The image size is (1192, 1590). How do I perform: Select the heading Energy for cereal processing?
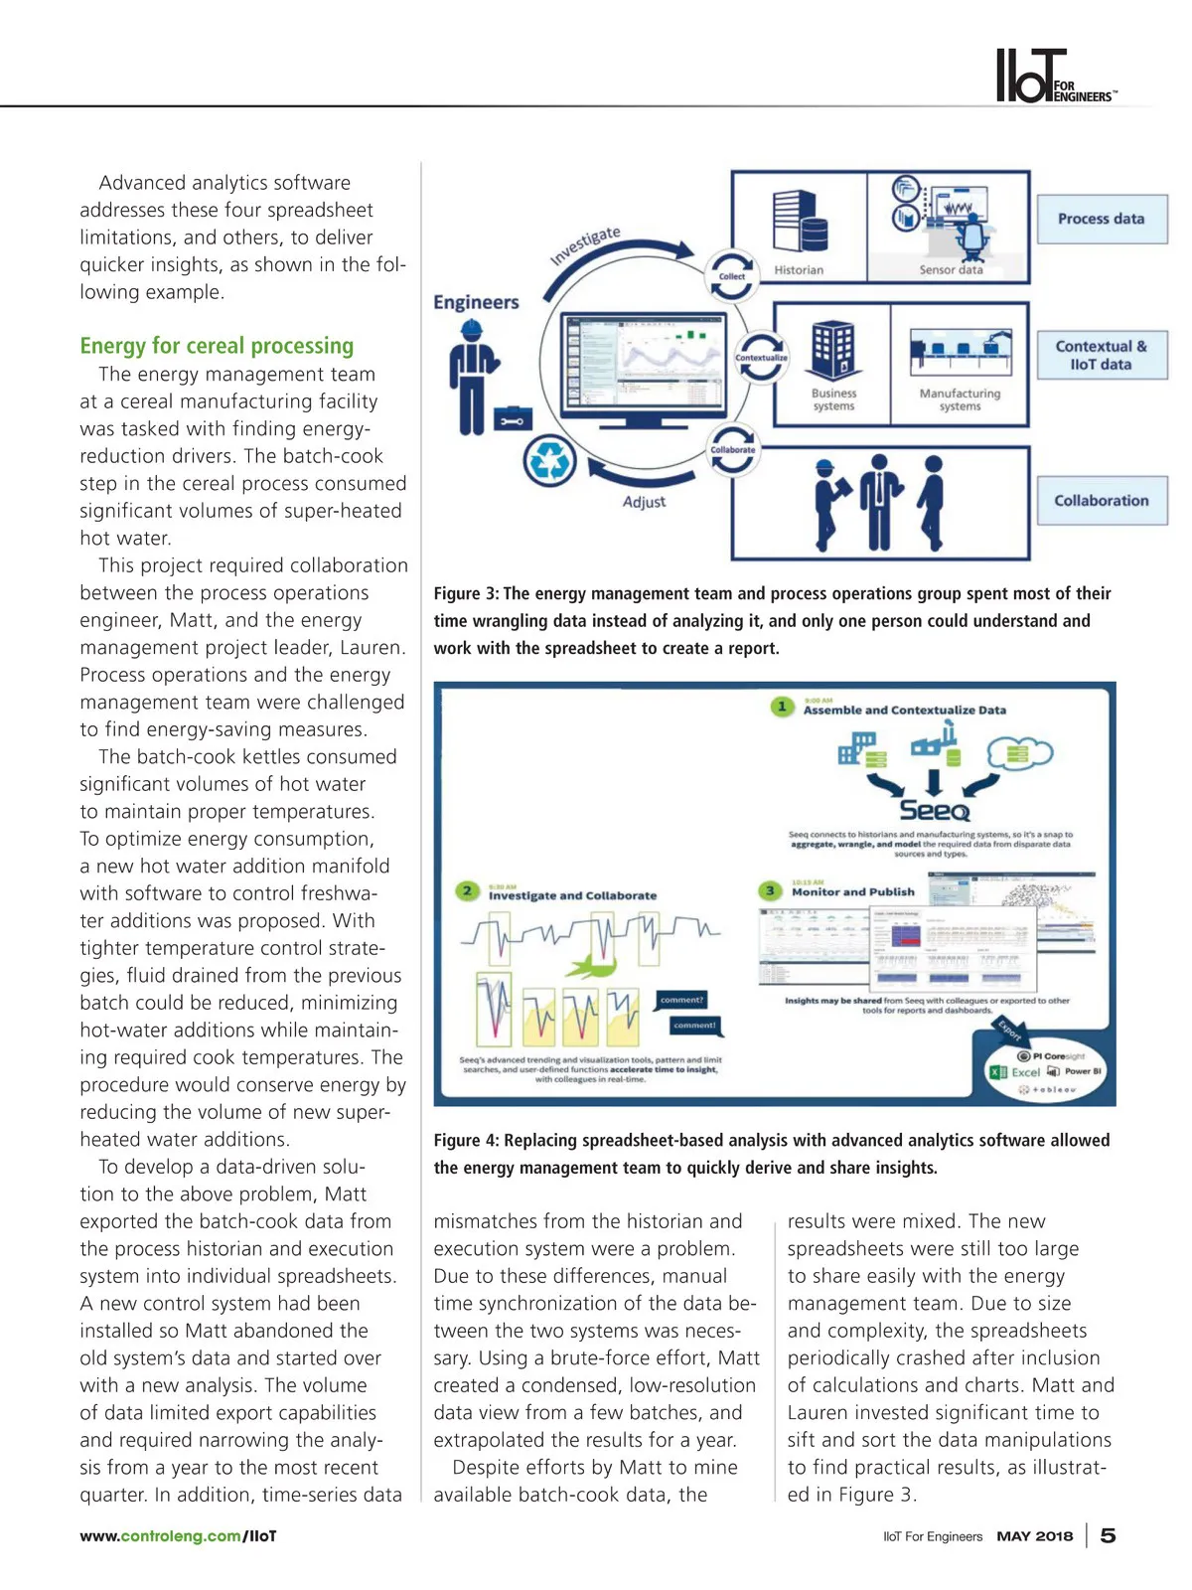coord(217,346)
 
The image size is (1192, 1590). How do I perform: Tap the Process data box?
coord(1101,220)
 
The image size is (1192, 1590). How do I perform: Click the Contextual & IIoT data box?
coord(1101,356)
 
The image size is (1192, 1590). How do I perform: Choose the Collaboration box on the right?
coord(1101,501)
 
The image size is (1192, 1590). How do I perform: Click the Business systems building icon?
coord(832,350)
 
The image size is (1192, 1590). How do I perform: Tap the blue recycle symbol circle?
coord(549,460)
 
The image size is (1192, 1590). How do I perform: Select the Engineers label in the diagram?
coord(476,302)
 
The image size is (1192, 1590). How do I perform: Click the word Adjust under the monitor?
coord(644,503)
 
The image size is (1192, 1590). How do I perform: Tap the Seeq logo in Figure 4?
coord(934,810)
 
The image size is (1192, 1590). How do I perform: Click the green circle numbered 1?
coord(783,707)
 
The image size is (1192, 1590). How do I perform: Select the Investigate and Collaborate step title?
coord(572,895)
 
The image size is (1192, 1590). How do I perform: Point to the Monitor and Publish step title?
coord(852,892)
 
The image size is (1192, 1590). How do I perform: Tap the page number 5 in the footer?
coord(1108,1536)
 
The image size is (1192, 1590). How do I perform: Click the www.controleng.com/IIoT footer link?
coord(178,1536)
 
